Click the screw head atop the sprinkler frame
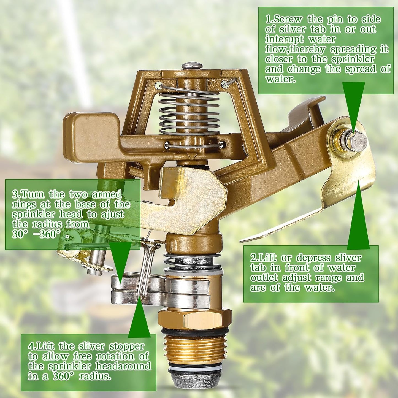pos(192,66)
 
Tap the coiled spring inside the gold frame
pos(189,113)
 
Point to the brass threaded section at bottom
pos(194,349)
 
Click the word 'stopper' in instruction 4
pos(127,346)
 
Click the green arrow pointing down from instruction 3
pos(120,259)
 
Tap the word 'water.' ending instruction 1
pos(280,79)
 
